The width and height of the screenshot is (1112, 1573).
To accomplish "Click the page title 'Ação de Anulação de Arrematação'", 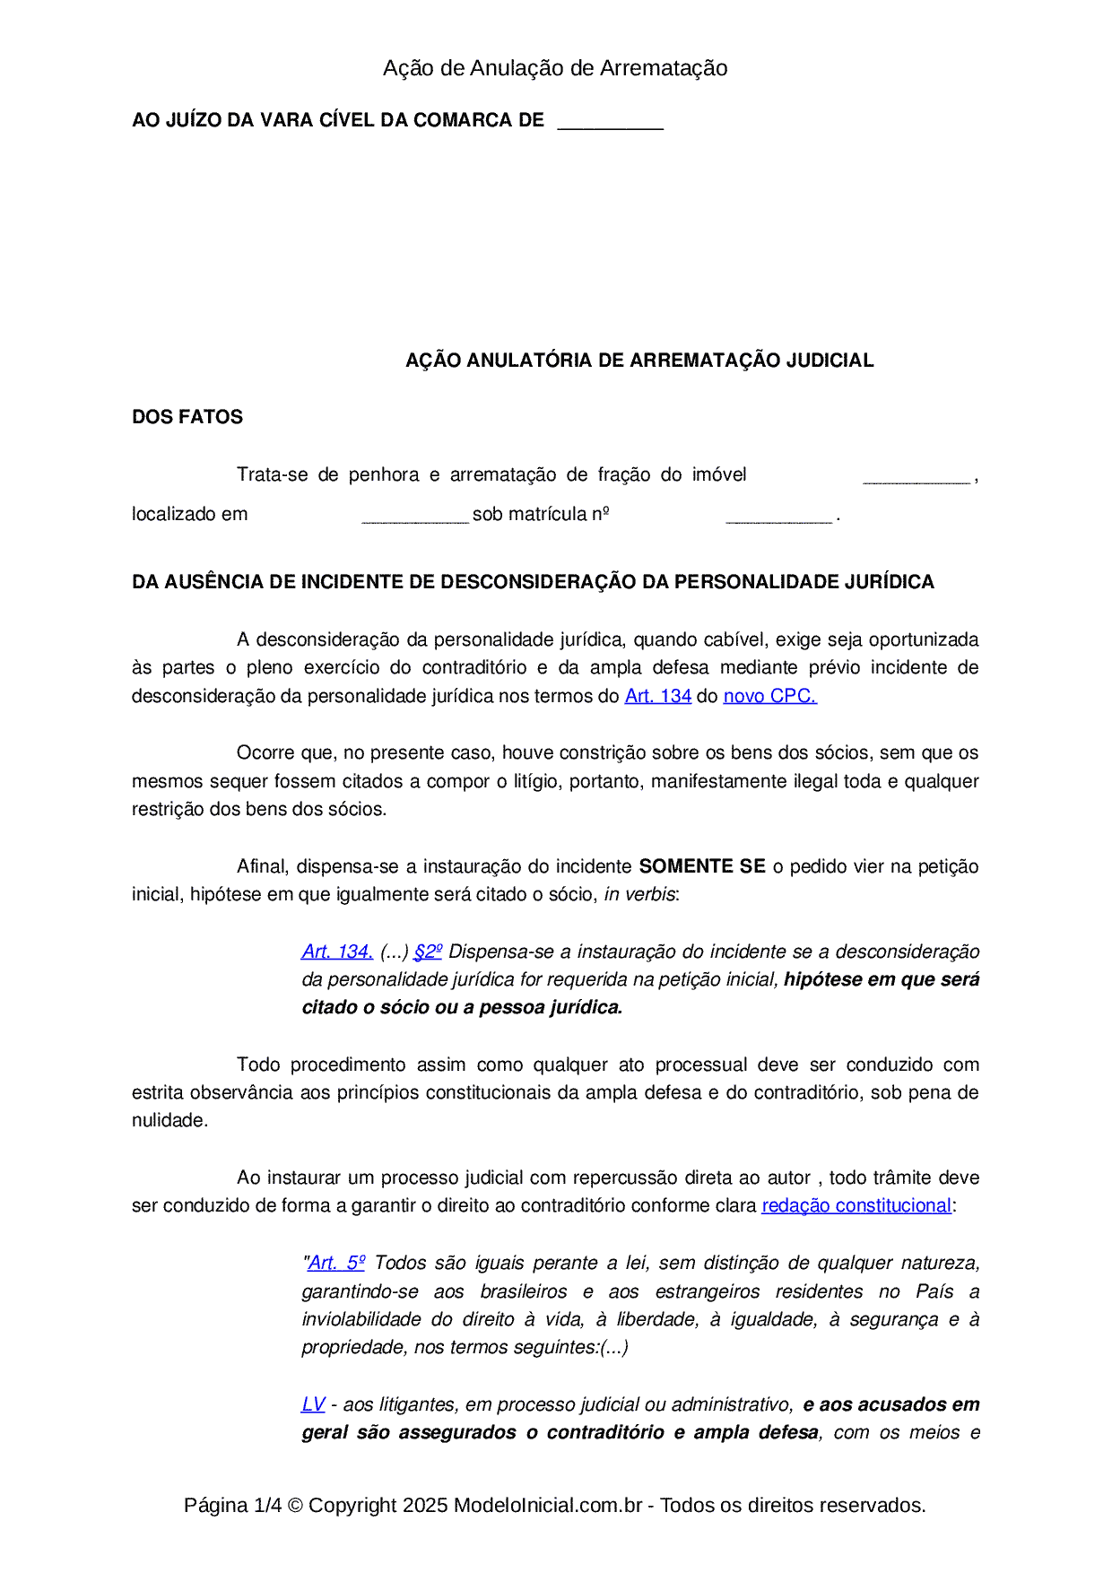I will coord(555,68).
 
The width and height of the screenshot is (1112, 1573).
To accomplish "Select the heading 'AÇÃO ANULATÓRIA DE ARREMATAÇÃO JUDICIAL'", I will coord(639,361).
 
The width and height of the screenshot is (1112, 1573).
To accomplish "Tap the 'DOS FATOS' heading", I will coord(187,417).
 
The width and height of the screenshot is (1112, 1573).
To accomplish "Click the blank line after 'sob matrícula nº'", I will coord(778,516).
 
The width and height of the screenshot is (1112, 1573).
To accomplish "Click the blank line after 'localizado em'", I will coord(415,516).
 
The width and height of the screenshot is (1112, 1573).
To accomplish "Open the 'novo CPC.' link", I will coord(769,696).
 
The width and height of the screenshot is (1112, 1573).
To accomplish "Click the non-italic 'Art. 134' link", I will coord(657,696).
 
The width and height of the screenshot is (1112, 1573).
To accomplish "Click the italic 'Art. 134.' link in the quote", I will coord(337,952).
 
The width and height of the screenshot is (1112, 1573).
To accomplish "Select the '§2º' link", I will coord(428,952).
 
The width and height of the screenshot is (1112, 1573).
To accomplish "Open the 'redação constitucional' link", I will coord(856,1206).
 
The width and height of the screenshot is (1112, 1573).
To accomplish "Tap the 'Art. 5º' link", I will coord(336,1264).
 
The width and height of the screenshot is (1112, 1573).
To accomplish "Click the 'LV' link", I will coord(313,1405).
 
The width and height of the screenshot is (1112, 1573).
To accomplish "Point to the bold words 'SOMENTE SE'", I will coord(702,866).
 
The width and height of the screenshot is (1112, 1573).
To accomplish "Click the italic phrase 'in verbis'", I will coord(639,895).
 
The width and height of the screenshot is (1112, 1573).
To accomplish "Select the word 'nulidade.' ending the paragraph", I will coord(169,1121).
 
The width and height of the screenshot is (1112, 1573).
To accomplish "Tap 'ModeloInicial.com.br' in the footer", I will coord(547,1506).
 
